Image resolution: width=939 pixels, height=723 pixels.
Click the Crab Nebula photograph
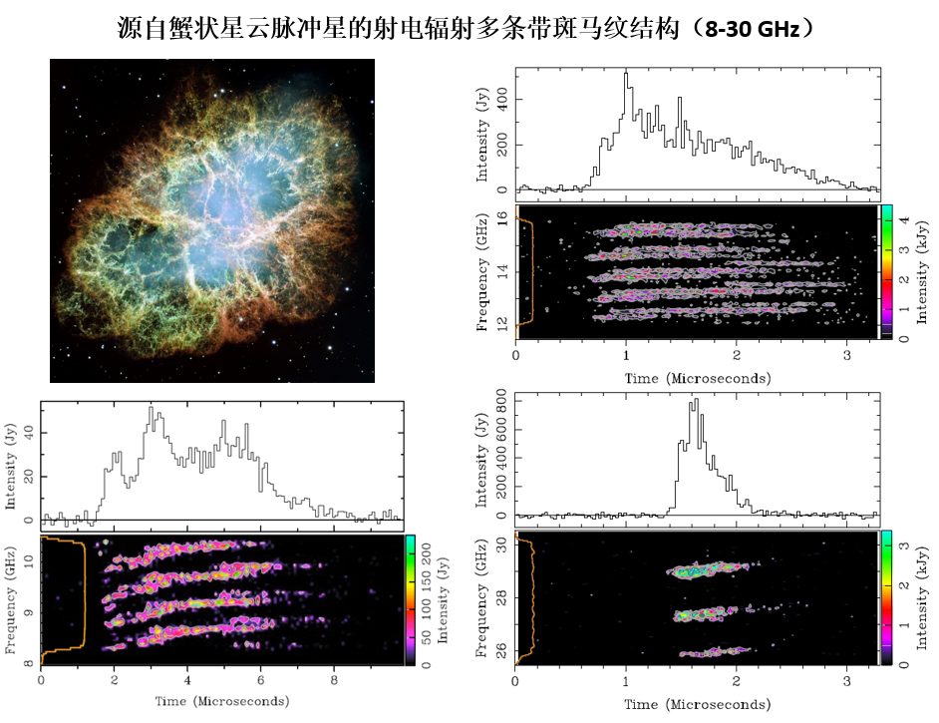211,220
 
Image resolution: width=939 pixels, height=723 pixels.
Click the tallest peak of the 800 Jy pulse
695,402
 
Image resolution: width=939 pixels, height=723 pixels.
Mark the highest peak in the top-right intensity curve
625,74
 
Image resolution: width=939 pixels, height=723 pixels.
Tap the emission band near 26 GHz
714,653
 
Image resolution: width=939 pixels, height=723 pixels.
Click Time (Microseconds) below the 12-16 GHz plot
698,378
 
